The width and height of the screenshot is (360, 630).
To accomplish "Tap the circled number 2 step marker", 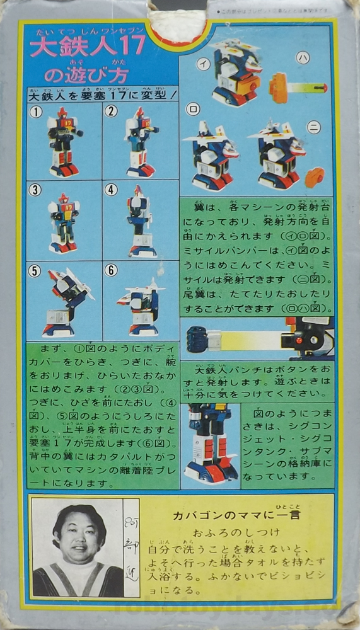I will (x=112, y=113).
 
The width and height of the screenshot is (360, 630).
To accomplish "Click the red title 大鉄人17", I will (x=88, y=46).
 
